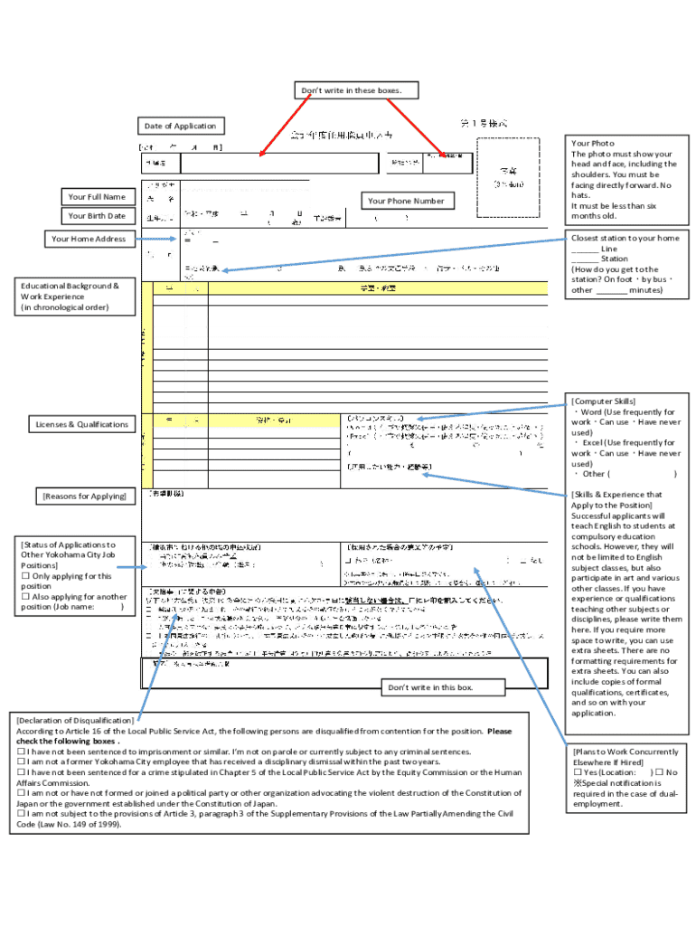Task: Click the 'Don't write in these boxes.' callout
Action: (x=358, y=90)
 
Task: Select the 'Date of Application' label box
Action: (x=182, y=126)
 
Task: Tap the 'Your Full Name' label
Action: (x=98, y=196)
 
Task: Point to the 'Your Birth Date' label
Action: (x=98, y=215)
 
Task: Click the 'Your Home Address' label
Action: (x=89, y=239)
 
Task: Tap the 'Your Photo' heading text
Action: (x=593, y=143)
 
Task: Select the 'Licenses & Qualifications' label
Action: (x=82, y=424)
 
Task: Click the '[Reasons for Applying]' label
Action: (x=83, y=496)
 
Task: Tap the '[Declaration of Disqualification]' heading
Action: (x=75, y=720)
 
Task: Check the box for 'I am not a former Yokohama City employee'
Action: (x=21, y=761)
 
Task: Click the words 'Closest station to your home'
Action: (x=625, y=238)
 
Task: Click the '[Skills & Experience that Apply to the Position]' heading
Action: (x=616, y=500)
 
